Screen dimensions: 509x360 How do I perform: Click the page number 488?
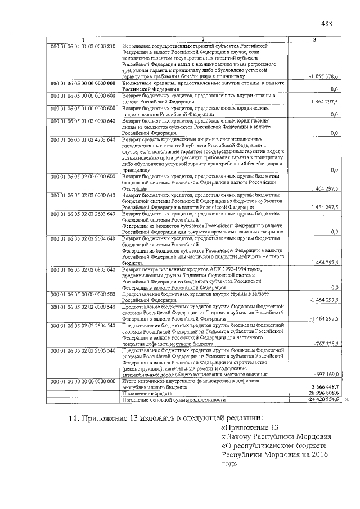click(327, 24)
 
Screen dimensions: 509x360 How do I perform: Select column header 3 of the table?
click(315, 39)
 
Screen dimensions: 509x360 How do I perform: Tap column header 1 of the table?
click(83, 39)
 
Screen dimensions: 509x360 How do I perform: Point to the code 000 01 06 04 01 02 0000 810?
click(83, 45)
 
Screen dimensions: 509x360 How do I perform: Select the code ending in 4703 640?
click(83, 138)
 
